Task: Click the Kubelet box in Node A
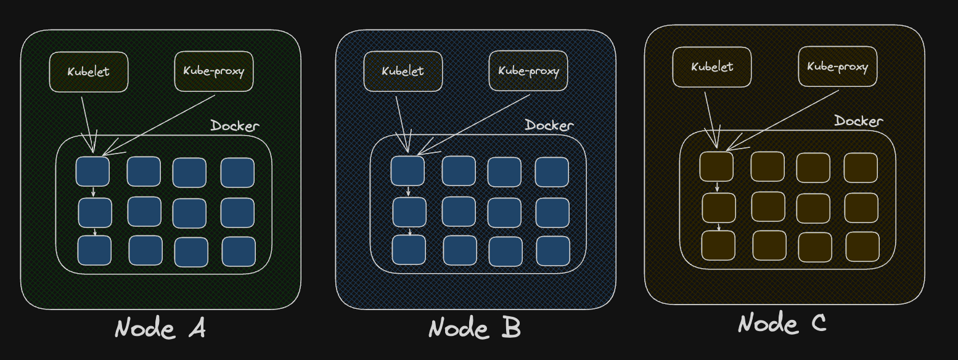[x=89, y=72]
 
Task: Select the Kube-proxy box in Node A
[x=214, y=71]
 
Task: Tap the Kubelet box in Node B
[x=403, y=71]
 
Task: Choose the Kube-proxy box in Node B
[x=528, y=71]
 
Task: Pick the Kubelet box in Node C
[x=712, y=67]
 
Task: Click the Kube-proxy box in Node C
[x=837, y=67]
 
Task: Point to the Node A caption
[x=160, y=329]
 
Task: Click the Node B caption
[x=475, y=328]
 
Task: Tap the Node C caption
[x=782, y=323]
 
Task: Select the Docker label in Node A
[x=235, y=126]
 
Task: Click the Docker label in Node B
[x=549, y=125]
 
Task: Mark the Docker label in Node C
[x=859, y=121]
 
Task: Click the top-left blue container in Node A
[x=92, y=171]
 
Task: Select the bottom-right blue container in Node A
[x=239, y=252]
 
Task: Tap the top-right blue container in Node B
[x=552, y=172]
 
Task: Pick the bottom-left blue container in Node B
[x=409, y=250]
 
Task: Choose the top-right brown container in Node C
[x=861, y=167]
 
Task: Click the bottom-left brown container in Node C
[x=718, y=245]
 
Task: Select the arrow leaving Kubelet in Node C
[x=710, y=117]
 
